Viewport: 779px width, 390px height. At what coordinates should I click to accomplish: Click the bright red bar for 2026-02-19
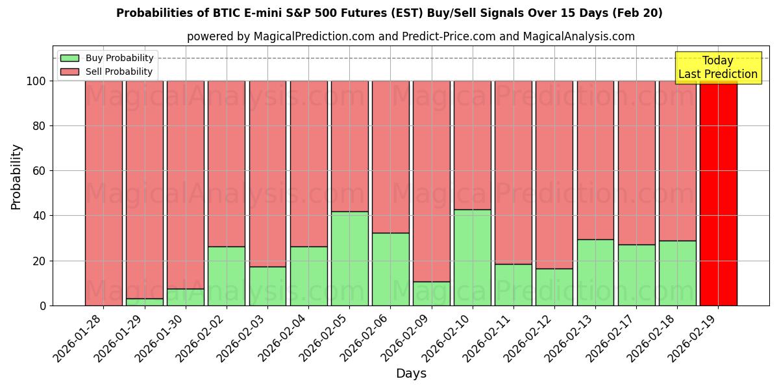click(718, 193)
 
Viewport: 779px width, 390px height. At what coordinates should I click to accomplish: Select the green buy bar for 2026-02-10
click(472, 257)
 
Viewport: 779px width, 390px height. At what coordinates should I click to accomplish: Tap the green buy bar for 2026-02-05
click(349, 259)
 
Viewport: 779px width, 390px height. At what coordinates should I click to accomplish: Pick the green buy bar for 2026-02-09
click(431, 294)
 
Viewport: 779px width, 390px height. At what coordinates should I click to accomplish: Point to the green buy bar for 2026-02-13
click(595, 272)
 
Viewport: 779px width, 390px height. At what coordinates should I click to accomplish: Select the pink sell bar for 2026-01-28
click(103, 193)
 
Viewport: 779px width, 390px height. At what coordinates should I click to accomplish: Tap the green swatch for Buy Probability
click(69, 58)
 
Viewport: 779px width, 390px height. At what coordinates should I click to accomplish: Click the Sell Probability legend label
click(119, 72)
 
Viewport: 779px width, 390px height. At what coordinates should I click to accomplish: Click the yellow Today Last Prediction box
click(718, 68)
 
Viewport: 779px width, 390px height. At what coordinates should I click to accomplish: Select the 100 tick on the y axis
click(36, 81)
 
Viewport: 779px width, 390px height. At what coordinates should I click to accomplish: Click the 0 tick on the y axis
click(42, 305)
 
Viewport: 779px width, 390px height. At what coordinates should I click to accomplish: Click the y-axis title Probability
click(16, 177)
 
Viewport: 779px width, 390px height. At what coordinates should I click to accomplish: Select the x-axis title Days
click(411, 374)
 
